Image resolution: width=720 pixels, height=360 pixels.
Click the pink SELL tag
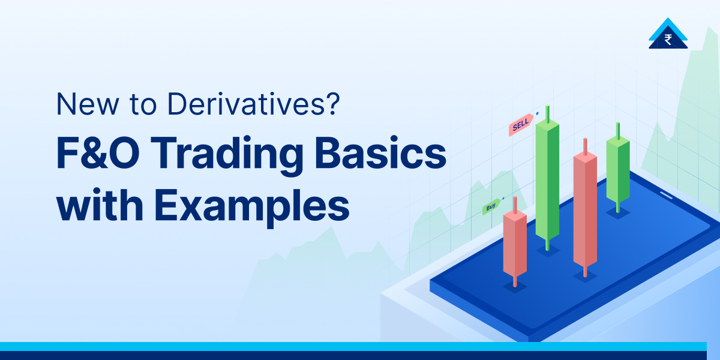click(x=520, y=127)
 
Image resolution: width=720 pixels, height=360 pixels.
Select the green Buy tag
click(x=491, y=208)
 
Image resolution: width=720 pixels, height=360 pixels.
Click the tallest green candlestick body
click(x=547, y=180)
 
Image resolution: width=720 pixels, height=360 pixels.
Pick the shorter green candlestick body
click(x=618, y=171)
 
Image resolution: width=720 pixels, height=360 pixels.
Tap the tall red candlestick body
click(x=585, y=210)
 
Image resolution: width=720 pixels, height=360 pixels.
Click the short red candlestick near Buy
click(x=515, y=243)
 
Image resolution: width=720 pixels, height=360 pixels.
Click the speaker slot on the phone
click(x=666, y=194)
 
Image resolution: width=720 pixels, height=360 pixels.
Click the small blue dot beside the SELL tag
click(x=537, y=112)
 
